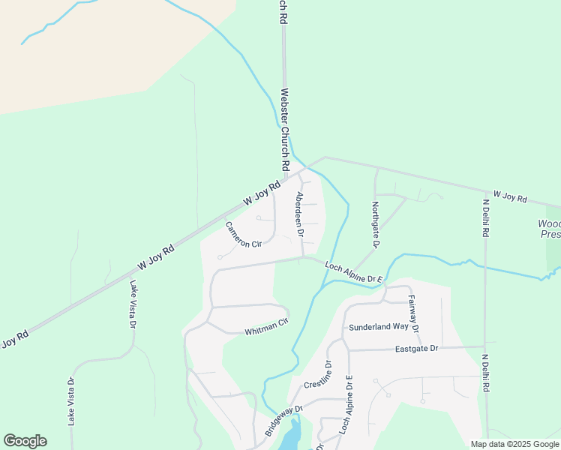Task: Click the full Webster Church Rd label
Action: [x=284, y=129]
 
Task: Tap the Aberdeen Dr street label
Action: [x=299, y=214]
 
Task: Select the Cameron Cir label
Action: [x=243, y=233]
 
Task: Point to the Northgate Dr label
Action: [x=375, y=223]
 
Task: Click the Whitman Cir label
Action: [x=266, y=327]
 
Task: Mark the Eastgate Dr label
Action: [x=417, y=349]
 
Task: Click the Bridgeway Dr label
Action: [x=282, y=423]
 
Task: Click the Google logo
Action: [x=25, y=441]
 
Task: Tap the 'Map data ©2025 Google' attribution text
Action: [x=514, y=444]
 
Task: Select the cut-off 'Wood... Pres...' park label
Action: [x=550, y=229]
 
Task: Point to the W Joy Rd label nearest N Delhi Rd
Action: [x=509, y=198]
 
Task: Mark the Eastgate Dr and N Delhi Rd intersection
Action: [x=485, y=346]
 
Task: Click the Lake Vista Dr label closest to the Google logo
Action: [x=71, y=400]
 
